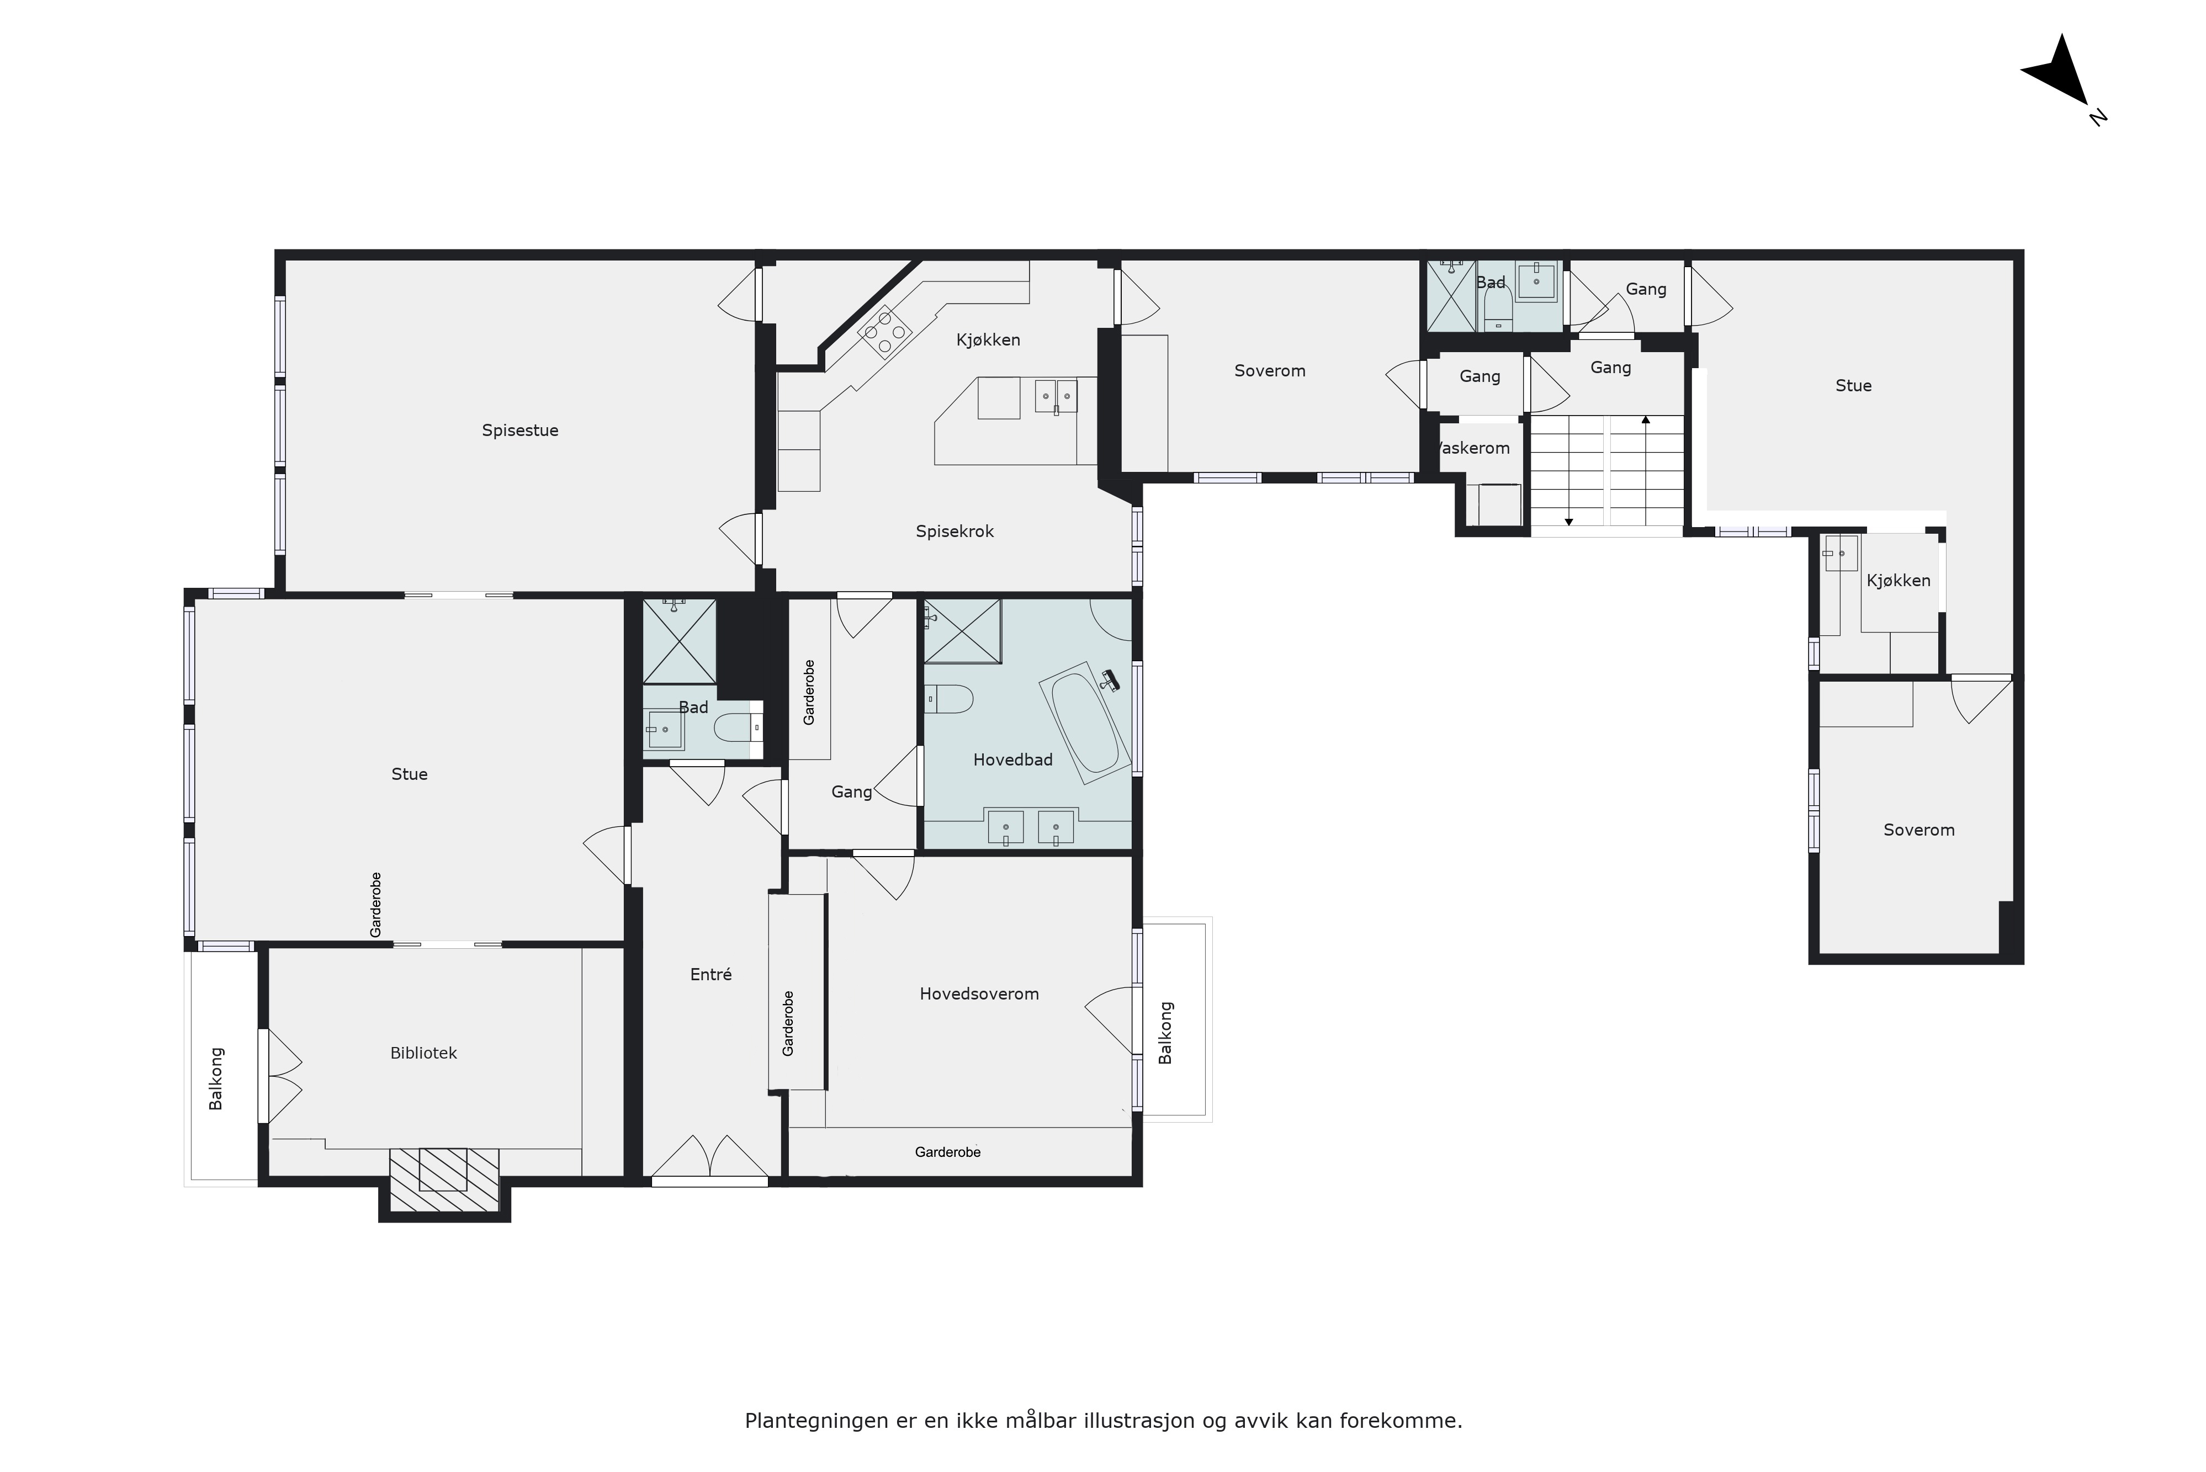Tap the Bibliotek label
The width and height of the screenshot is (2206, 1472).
pos(423,1053)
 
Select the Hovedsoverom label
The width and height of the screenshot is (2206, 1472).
pos(979,994)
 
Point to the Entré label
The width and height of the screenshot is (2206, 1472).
pos(710,975)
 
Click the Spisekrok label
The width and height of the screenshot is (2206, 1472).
pos(954,532)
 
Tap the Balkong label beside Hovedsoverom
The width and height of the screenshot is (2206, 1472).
pos(1166,1033)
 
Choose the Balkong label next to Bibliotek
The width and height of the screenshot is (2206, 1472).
pos(216,1078)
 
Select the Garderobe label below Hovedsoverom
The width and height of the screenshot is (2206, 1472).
pos(948,1152)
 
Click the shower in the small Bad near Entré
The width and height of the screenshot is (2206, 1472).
pos(678,642)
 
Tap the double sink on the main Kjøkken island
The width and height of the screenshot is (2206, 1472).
pos(1056,397)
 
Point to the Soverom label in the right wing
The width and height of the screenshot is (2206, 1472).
pos(1919,830)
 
